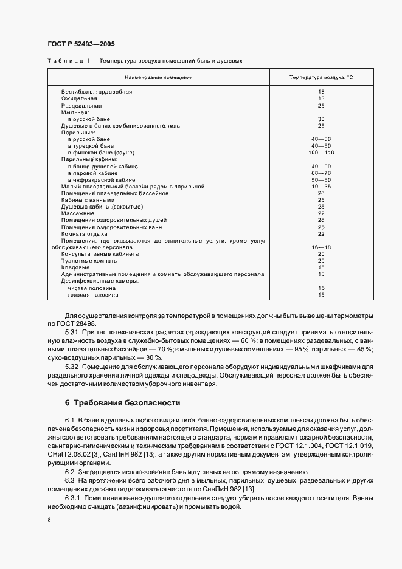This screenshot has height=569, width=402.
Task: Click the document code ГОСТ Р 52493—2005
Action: (x=81, y=44)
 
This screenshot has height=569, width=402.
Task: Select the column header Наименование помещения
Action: (x=158, y=77)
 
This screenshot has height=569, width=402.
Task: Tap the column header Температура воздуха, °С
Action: (x=321, y=77)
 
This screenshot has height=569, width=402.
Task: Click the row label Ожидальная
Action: (x=78, y=98)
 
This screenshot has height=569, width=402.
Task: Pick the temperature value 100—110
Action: (x=321, y=153)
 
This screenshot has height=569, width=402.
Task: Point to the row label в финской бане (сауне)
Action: (x=101, y=153)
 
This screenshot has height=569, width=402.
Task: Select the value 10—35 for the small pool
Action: (x=321, y=187)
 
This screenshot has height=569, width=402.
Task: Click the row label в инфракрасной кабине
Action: (x=102, y=180)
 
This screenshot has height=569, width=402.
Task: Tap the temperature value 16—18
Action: (x=321, y=247)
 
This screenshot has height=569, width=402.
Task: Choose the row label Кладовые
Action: (x=75, y=267)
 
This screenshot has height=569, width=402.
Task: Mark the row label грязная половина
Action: (x=93, y=295)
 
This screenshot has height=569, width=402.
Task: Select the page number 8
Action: (x=49, y=520)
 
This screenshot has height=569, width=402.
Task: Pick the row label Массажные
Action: (x=77, y=213)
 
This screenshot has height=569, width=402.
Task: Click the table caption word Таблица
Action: (x=63, y=61)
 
